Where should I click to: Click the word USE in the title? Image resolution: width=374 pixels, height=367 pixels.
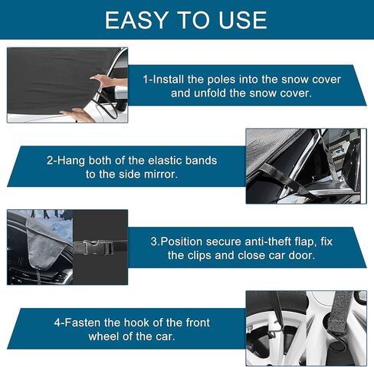239,20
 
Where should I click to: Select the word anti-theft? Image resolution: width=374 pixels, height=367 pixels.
271,241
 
